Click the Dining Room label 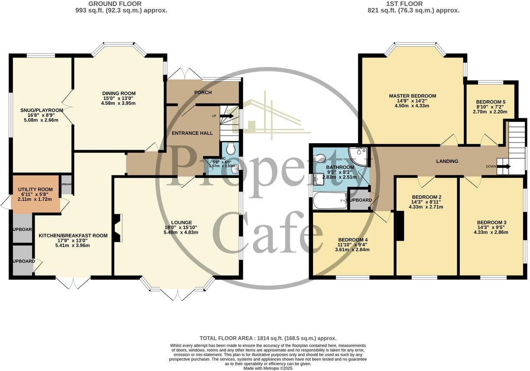[x=119, y=94]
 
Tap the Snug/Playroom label [x=42, y=110]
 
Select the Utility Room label [x=36, y=190]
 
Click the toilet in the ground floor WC [x=231, y=149]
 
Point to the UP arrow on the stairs [x=226, y=116]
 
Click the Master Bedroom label [x=412, y=96]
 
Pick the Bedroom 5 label [x=491, y=102]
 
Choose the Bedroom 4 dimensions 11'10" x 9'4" [x=353, y=245]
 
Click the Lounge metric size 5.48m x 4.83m [x=181, y=232]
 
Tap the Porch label [x=203, y=93]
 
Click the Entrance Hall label [x=192, y=133]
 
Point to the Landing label [x=447, y=161]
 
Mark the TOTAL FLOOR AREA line [x=268, y=338]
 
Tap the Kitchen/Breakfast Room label [x=73, y=236]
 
